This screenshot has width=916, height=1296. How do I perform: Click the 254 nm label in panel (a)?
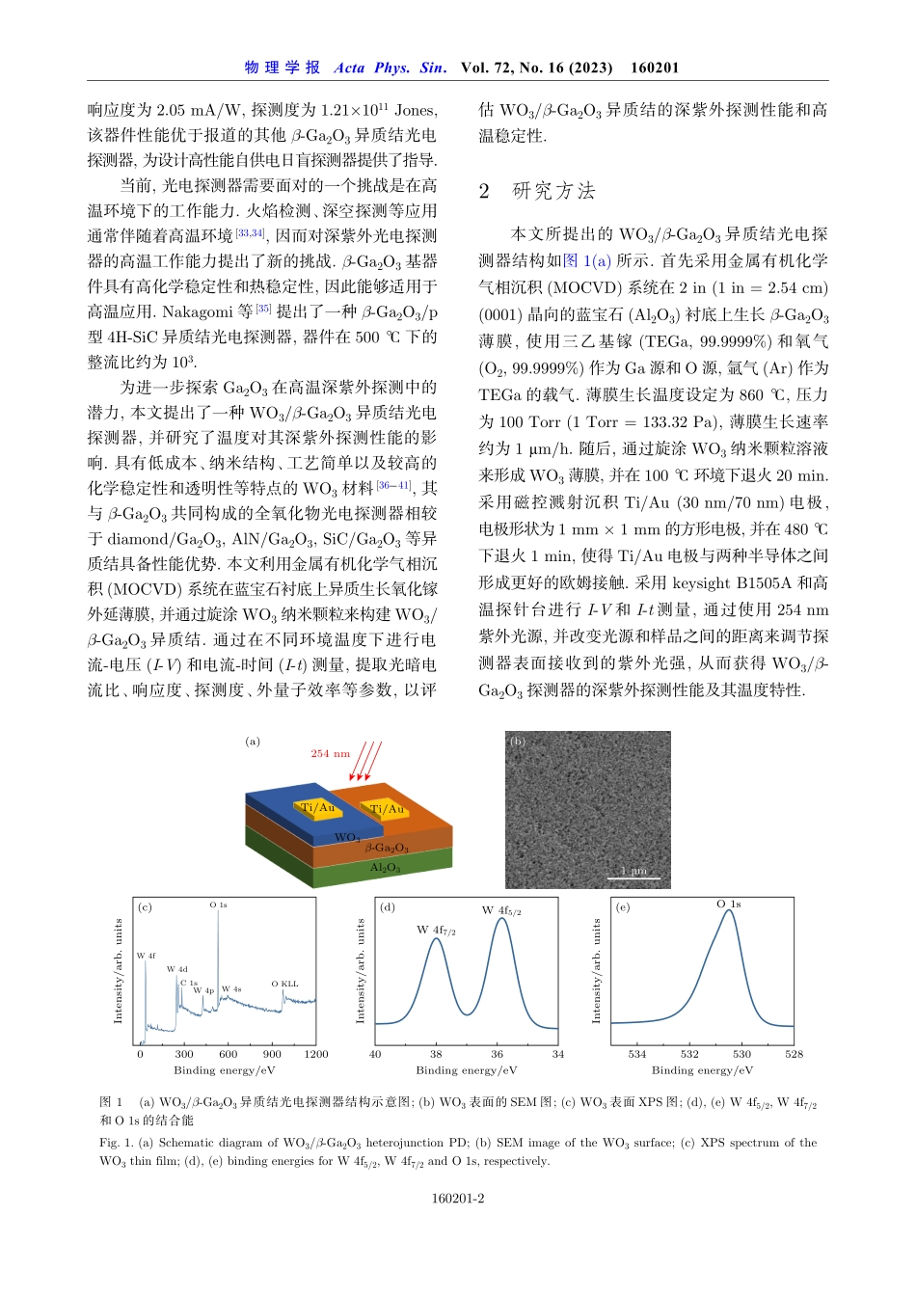click(330, 753)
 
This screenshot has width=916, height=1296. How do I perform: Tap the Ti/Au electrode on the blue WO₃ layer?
click(317, 808)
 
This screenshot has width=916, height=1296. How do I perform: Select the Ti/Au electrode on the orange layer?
click(387, 809)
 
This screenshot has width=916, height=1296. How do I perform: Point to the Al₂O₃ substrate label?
click(386, 868)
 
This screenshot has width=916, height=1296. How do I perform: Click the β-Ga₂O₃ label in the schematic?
click(387, 848)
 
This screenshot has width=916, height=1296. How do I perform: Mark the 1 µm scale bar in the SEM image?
click(634, 876)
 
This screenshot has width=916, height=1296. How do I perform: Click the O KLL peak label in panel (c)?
click(284, 984)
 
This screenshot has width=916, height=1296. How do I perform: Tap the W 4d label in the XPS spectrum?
click(176, 969)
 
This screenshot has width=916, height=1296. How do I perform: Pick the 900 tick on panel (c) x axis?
click(273, 1054)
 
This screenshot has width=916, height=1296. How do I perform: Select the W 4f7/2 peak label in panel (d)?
click(436, 931)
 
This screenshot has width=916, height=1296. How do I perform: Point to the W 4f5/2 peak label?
click(501, 910)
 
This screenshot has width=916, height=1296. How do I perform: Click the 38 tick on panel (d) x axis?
click(436, 1054)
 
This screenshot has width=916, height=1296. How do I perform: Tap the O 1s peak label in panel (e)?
click(729, 904)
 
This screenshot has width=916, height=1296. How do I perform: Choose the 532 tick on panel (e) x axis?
click(689, 1054)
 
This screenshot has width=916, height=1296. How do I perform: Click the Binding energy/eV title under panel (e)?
click(702, 1070)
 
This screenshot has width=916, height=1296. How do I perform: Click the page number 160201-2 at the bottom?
click(458, 1199)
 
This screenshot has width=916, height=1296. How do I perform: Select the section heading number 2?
click(484, 191)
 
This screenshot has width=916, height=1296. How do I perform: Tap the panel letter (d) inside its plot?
click(388, 907)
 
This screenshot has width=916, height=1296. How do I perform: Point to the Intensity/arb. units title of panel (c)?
click(119, 971)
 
